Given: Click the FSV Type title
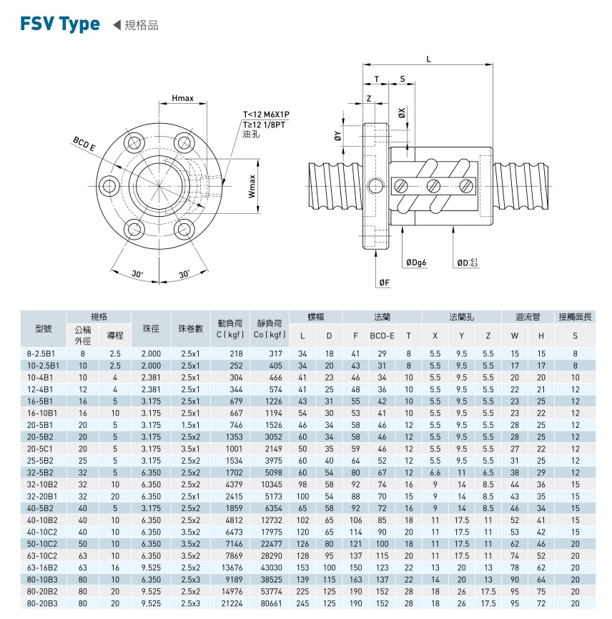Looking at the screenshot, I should pyautogui.click(x=61, y=24).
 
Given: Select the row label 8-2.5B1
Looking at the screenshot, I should pyautogui.click(x=44, y=354).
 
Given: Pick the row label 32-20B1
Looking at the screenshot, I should pyautogui.click(x=44, y=496).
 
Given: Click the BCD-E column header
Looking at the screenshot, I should pyautogui.click(x=382, y=335).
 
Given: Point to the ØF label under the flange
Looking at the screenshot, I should pyautogui.click(x=384, y=282).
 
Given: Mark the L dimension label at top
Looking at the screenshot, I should pyautogui.click(x=428, y=59).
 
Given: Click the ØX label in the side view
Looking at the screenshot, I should pyautogui.click(x=402, y=112).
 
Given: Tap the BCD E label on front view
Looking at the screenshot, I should pyautogui.click(x=84, y=143).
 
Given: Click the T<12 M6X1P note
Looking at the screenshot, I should pyautogui.click(x=270, y=114).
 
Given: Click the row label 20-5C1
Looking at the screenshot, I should pyautogui.click(x=44, y=448).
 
